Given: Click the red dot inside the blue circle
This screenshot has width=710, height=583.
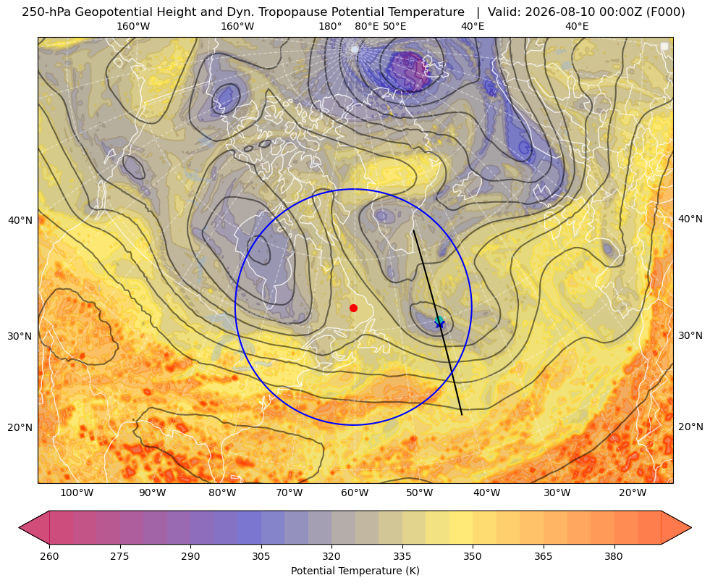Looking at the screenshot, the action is click(x=354, y=308).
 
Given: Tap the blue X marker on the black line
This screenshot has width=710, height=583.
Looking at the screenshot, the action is click(x=439, y=324).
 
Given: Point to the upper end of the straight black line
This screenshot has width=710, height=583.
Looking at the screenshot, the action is click(x=413, y=230).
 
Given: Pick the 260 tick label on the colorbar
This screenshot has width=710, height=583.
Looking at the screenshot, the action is click(x=49, y=556).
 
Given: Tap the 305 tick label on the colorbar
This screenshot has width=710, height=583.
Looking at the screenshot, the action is click(x=261, y=556).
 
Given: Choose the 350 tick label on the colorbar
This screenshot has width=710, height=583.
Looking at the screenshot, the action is click(x=473, y=556).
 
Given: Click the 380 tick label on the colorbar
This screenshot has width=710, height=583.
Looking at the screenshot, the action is click(x=614, y=556).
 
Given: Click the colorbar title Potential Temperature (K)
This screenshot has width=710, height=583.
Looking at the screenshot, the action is click(x=355, y=571).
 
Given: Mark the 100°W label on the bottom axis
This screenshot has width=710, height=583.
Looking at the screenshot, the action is click(x=77, y=493).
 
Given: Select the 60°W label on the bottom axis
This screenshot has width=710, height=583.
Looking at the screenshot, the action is click(x=355, y=493).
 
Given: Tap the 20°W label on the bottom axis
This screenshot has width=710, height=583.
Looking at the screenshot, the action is click(x=633, y=493).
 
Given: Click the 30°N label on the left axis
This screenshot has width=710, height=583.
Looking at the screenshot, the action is click(x=20, y=336).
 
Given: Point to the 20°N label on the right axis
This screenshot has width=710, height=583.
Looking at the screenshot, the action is click(x=690, y=427).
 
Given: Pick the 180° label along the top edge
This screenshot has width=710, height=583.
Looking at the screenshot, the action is click(x=330, y=26).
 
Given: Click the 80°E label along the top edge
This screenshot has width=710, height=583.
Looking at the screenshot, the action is click(x=367, y=26).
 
